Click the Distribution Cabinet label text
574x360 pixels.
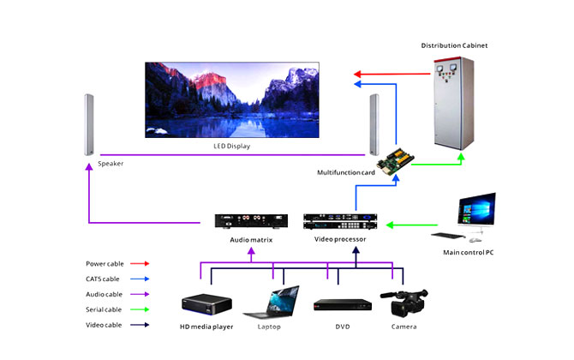pyautogui.click(x=454, y=45)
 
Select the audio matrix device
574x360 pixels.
pyautogui.click(x=251, y=221)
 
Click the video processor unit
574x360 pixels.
pyautogui.click(x=340, y=221)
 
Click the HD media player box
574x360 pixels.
pyautogui.click(x=206, y=304)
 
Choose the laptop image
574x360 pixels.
pyautogui.click(x=272, y=302)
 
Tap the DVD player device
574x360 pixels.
pyautogui.click(x=343, y=305)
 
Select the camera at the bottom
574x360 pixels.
pyautogui.click(x=404, y=303)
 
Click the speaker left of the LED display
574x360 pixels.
pyautogui.click(x=89, y=125)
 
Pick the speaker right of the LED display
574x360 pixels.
pyautogui.click(x=374, y=124)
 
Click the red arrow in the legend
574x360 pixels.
pyautogui.click(x=140, y=263)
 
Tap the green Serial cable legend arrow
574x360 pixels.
pyautogui.click(x=140, y=309)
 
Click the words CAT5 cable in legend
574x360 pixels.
pyautogui.click(x=103, y=279)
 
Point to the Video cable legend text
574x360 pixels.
pyautogui.click(x=104, y=325)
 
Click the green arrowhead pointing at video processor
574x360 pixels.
pyautogui.click(x=390, y=225)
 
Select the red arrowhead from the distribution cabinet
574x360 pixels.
pyautogui.click(x=357, y=74)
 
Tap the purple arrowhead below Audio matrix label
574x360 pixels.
pyautogui.click(x=251, y=251)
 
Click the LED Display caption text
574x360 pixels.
pyautogui.click(x=231, y=146)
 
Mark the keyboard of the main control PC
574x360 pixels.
pyautogui.click(x=449, y=236)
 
